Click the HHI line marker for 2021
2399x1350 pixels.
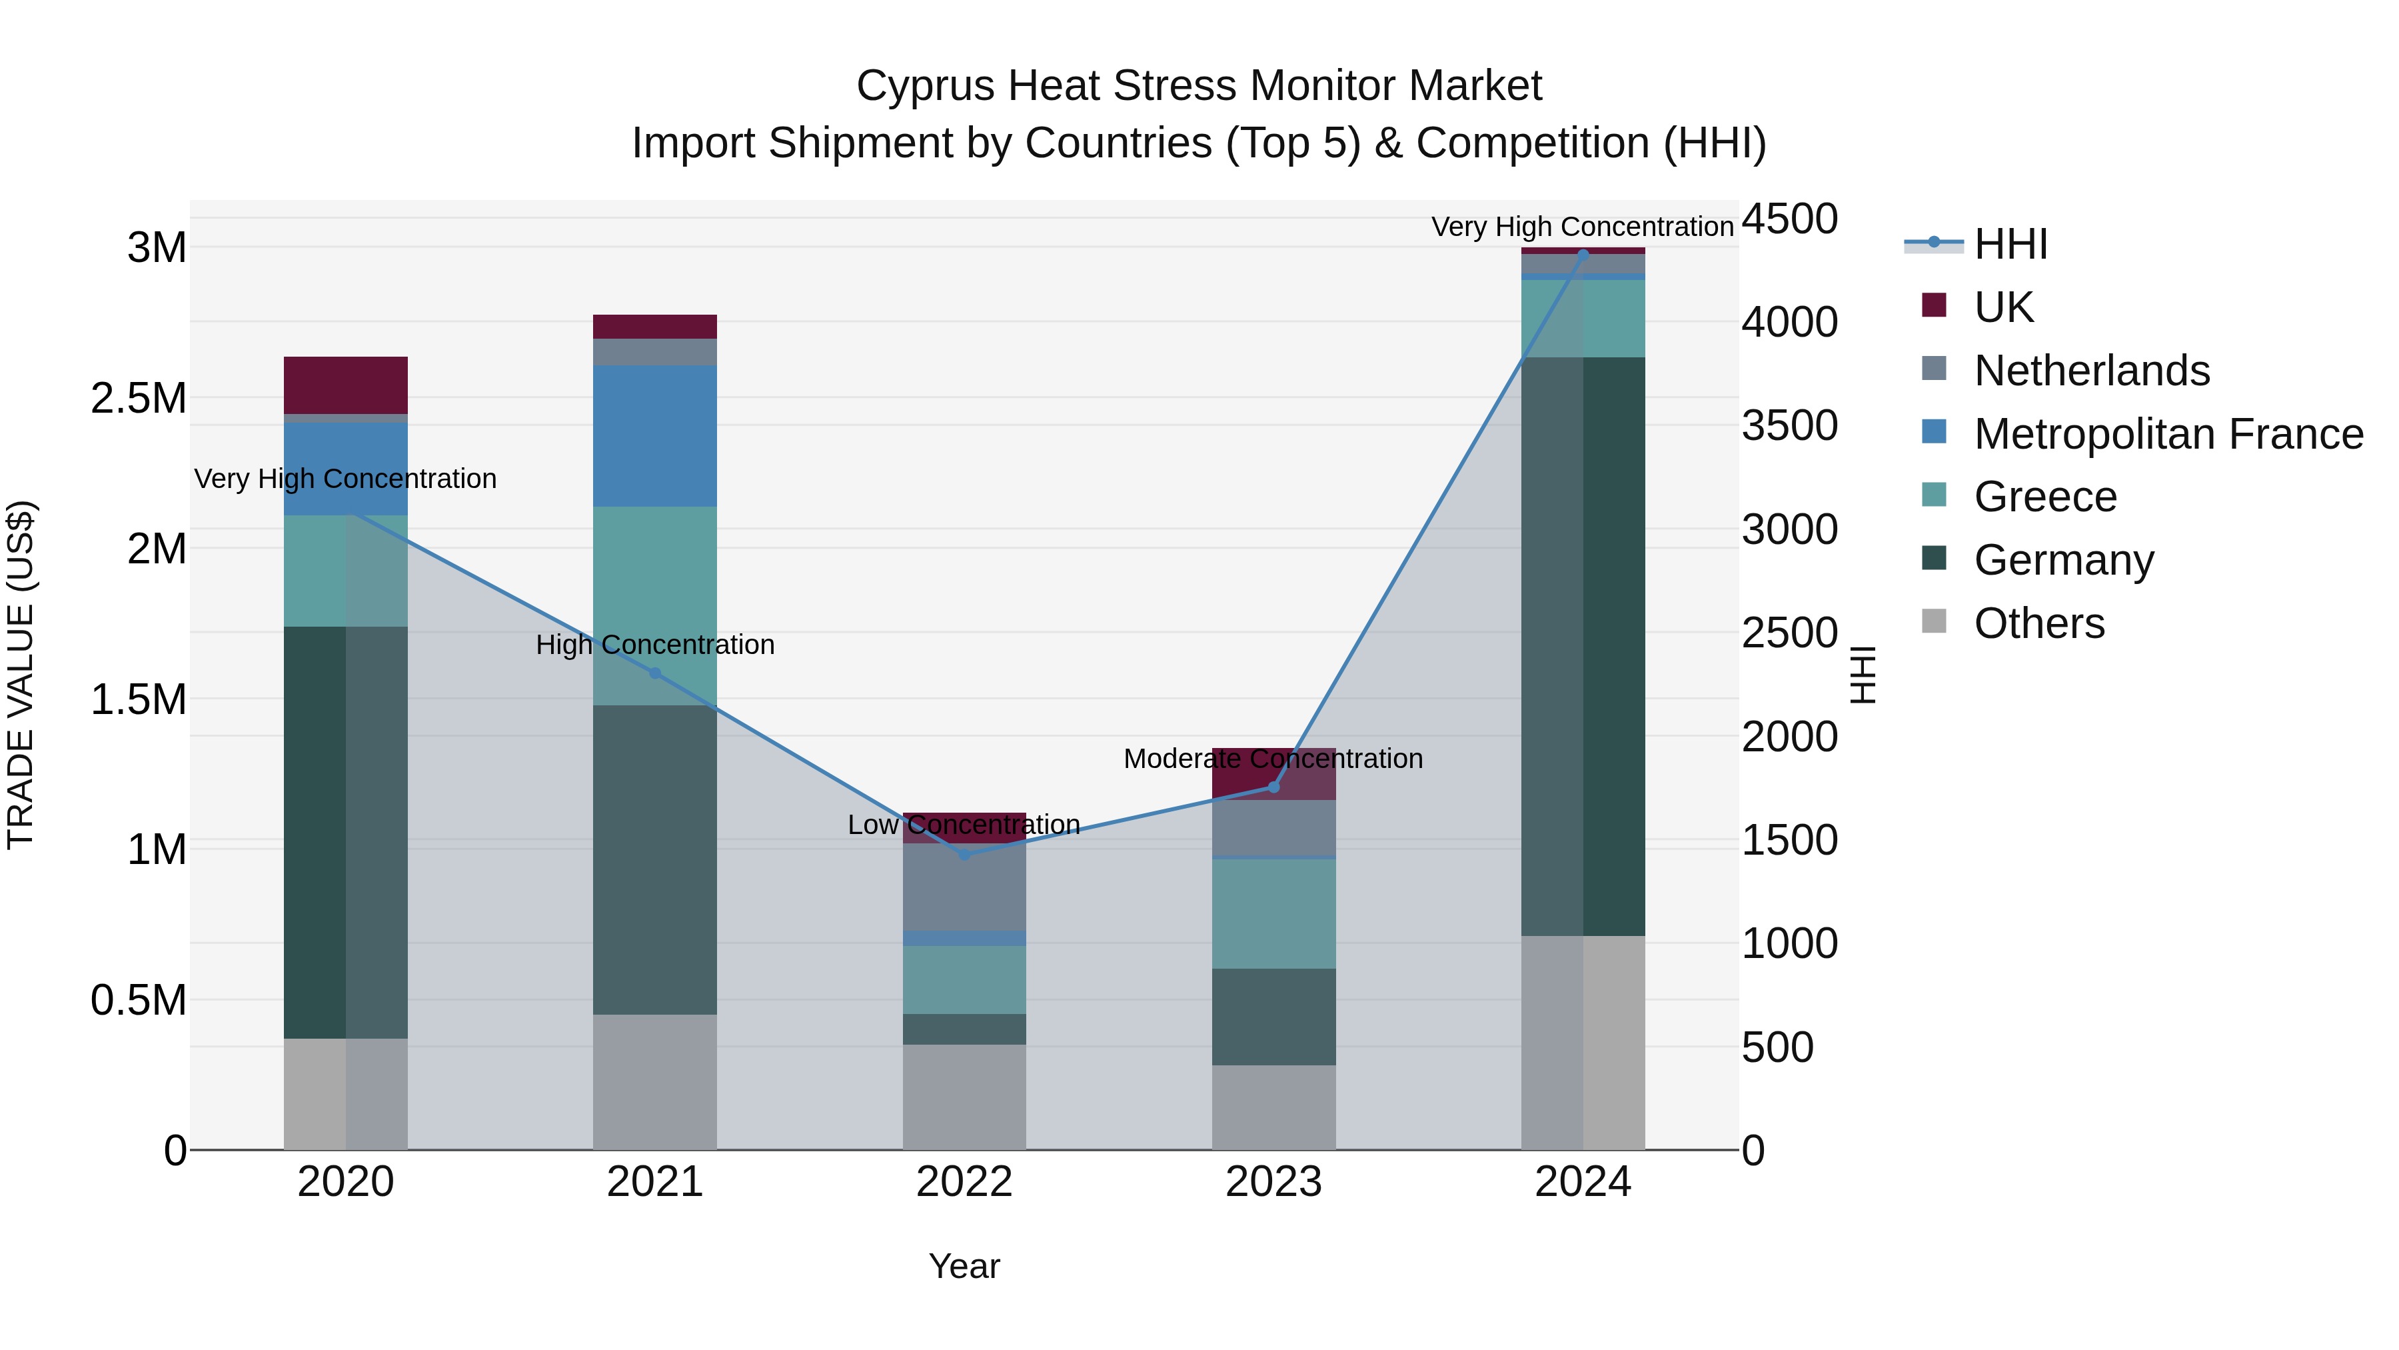(x=654, y=673)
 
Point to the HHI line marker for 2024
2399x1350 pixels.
(x=1583, y=255)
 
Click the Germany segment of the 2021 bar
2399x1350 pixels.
(x=654, y=859)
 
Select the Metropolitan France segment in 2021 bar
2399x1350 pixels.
(x=654, y=436)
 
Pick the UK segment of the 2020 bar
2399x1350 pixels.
(x=345, y=385)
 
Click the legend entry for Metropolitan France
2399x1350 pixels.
(x=2168, y=434)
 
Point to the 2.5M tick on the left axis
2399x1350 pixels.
(x=139, y=399)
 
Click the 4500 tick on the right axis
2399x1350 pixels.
(x=1790, y=220)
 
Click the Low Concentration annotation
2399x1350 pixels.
(x=964, y=825)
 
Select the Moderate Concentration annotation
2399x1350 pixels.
(x=1273, y=759)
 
